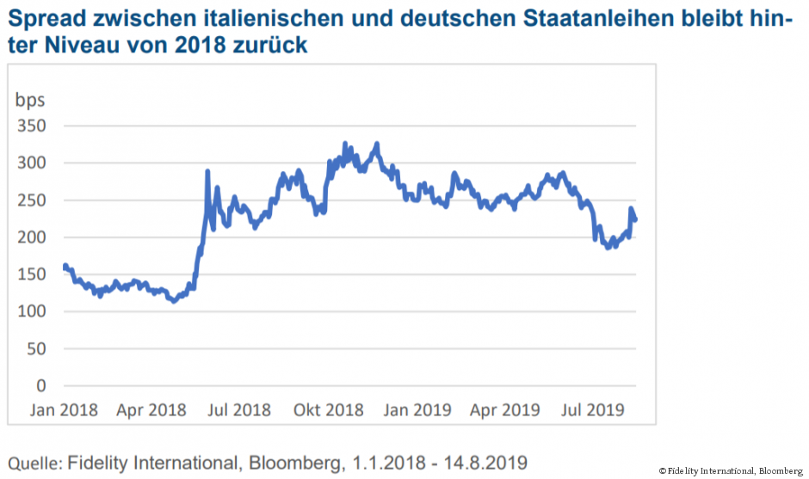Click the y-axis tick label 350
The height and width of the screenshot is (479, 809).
click(x=30, y=126)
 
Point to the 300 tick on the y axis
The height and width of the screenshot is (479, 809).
click(x=30, y=163)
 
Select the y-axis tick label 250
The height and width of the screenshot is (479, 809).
click(x=30, y=200)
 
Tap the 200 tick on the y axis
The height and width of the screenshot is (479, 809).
click(x=30, y=237)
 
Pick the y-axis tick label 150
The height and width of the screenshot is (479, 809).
click(x=30, y=274)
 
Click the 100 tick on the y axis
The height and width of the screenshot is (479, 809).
click(x=30, y=311)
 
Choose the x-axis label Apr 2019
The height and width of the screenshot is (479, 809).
click(x=504, y=409)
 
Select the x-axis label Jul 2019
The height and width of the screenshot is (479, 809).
click(x=594, y=409)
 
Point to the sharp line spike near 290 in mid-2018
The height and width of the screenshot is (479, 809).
click(x=207, y=173)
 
